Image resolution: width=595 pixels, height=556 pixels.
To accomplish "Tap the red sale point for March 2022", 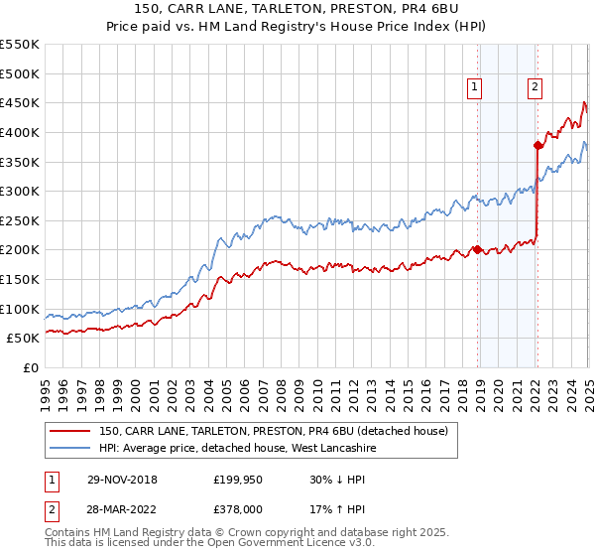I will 537,145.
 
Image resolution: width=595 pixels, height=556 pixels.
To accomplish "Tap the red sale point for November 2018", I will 477,250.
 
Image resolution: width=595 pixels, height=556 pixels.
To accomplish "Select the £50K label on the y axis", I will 24,339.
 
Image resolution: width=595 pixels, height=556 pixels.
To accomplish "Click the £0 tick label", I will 30,368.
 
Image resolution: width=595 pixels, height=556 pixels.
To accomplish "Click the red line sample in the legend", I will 70,431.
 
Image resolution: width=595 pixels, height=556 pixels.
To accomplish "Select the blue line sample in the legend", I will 70,449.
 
